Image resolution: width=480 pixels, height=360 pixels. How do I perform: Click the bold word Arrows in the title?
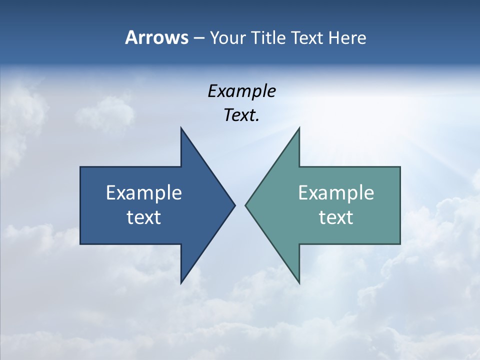point(156,37)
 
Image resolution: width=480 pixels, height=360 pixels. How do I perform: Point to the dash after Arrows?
point(198,38)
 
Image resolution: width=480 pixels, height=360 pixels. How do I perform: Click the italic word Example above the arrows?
point(241,91)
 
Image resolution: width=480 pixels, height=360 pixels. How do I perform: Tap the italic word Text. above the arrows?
point(241,115)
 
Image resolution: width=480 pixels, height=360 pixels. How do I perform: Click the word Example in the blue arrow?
point(143,193)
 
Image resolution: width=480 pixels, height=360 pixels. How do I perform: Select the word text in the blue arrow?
point(143,217)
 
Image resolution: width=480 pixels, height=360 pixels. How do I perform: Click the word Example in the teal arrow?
point(336,193)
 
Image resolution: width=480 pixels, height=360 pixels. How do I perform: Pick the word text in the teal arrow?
point(336,217)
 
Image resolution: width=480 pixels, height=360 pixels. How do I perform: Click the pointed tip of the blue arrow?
point(234,205)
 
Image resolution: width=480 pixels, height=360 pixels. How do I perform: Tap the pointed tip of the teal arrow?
point(245,205)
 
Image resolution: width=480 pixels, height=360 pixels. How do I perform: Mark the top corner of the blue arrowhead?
point(181,128)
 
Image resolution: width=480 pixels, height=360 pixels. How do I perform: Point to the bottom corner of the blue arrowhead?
point(181,283)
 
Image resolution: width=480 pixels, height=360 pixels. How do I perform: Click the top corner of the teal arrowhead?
point(299,128)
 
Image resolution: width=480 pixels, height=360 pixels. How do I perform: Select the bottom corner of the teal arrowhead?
point(299,283)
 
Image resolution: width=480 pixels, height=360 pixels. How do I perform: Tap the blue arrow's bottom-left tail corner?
point(80,244)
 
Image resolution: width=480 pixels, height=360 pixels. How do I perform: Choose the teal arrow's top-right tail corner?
point(400,167)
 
